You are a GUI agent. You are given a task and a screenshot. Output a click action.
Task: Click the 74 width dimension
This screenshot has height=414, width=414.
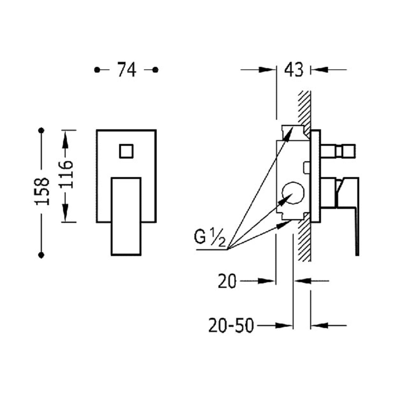point(127,70)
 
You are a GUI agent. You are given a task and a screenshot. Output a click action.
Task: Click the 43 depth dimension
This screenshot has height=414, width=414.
point(294,70)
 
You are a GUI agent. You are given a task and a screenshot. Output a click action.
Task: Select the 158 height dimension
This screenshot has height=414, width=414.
point(42,191)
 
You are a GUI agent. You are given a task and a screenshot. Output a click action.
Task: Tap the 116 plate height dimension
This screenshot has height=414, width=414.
point(66,174)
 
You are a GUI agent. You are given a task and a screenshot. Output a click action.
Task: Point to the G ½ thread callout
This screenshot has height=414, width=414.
point(210,238)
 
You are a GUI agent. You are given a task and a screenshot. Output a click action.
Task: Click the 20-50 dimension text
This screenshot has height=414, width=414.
point(231,326)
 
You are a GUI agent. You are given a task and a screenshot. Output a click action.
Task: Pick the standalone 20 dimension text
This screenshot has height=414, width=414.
point(227,281)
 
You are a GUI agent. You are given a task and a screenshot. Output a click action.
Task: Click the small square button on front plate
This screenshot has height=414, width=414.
point(126,151)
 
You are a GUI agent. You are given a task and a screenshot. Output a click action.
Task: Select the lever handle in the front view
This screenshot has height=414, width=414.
point(126,216)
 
